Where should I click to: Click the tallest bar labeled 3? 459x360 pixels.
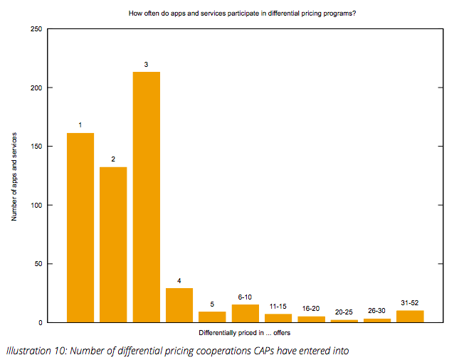(x=146, y=197)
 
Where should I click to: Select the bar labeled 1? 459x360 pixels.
(x=80, y=228)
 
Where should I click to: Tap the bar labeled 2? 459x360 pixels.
(x=113, y=245)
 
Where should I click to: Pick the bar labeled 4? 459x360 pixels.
(x=179, y=305)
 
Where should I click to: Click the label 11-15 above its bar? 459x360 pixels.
(x=278, y=307)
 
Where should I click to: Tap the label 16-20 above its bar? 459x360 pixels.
(x=311, y=309)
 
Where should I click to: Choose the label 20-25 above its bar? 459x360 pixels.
(x=344, y=312)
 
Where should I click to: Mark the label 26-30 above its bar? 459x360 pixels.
(x=377, y=310)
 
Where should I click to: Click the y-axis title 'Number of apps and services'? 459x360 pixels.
(x=14, y=175)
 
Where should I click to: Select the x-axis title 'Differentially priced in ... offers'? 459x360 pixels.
(x=245, y=332)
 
